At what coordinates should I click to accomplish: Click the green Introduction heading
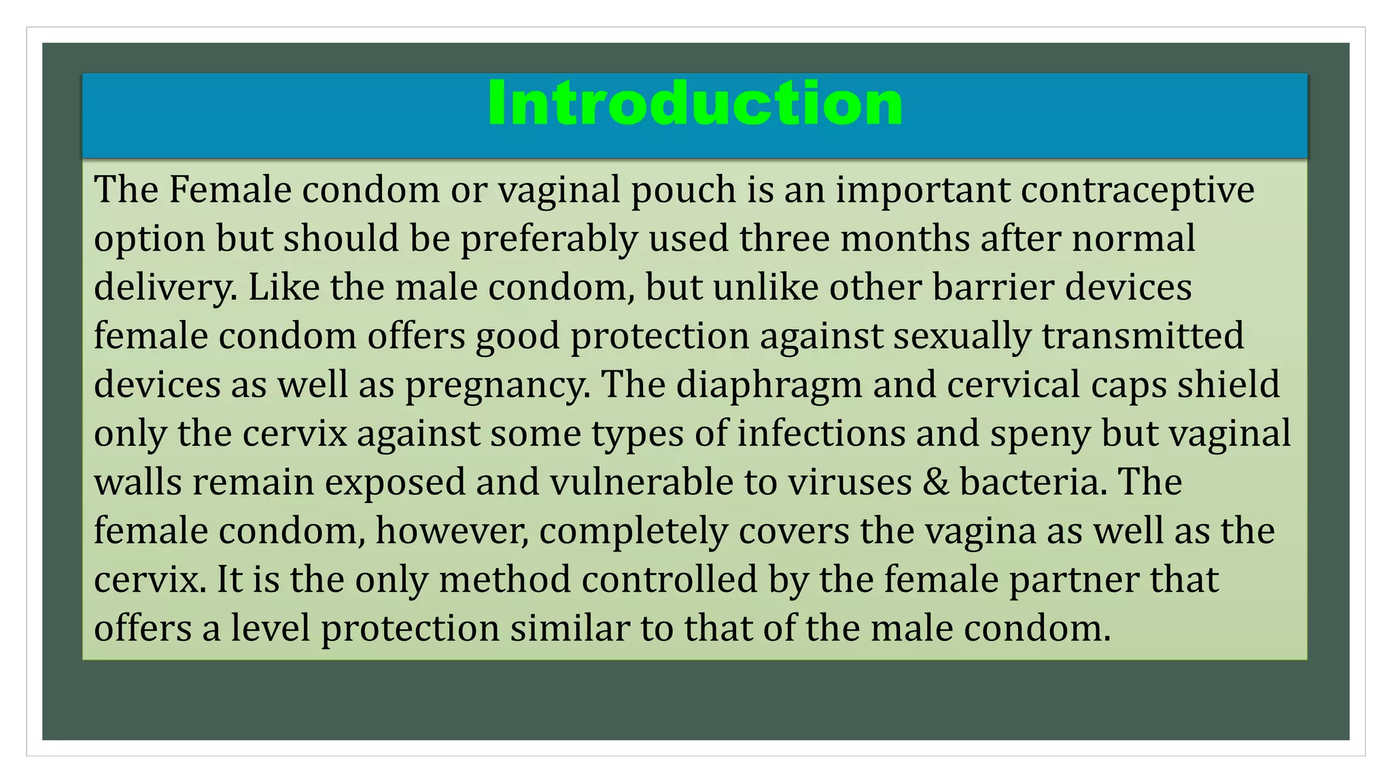695,103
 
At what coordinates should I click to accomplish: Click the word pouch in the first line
683,190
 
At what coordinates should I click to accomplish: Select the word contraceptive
1137,190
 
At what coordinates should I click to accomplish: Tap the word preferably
549,239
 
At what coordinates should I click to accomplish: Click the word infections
821,434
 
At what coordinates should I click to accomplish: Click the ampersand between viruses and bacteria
935,483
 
